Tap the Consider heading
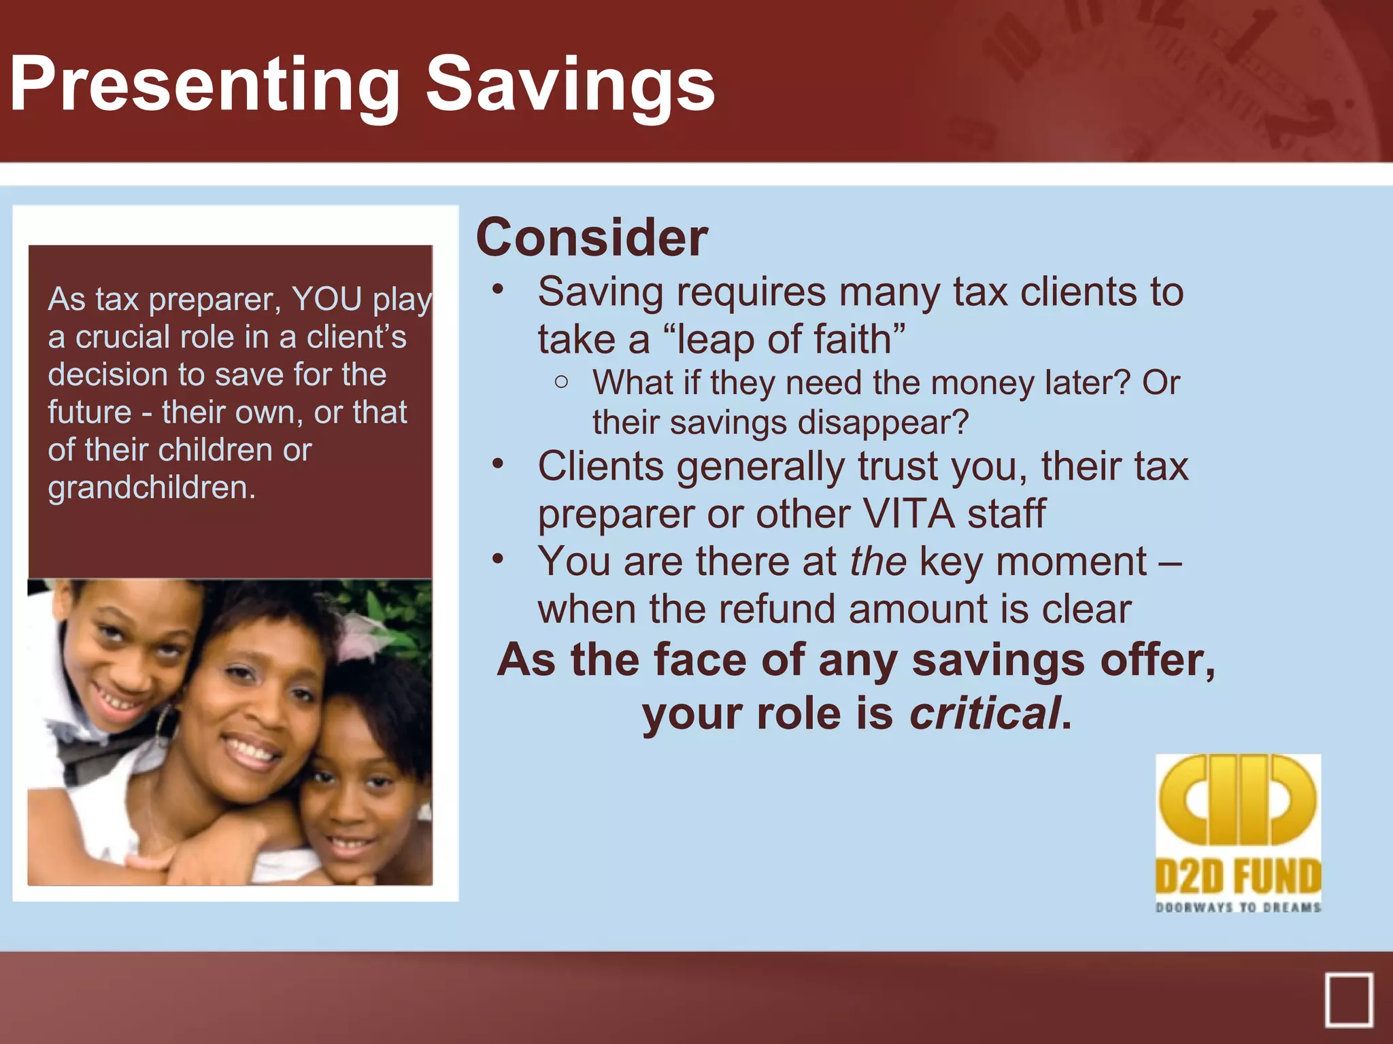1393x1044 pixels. [592, 238]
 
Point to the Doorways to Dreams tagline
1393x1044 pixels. [1238, 907]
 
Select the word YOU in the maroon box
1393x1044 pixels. [326, 299]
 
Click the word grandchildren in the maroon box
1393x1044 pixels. [151, 487]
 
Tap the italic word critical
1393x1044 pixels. [985, 714]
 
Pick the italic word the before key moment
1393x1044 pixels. [877, 562]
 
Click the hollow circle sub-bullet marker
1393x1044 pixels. [561, 382]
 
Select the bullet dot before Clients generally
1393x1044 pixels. [499, 464]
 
